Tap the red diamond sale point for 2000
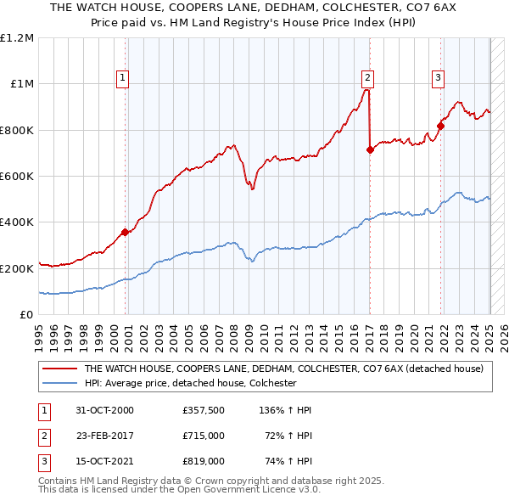click(125, 231)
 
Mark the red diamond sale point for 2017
click(370, 149)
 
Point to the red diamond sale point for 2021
click(440, 126)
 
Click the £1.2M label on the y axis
click(17, 38)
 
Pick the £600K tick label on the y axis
click(16, 177)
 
